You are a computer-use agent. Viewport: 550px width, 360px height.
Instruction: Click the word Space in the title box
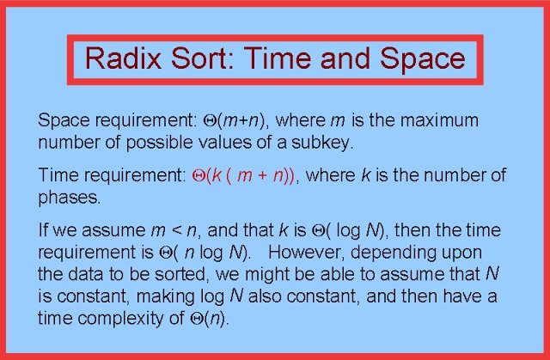pos(419,59)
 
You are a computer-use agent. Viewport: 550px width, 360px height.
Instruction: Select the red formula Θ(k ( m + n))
pos(241,176)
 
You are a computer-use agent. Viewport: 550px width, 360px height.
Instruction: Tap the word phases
pos(70,197)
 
